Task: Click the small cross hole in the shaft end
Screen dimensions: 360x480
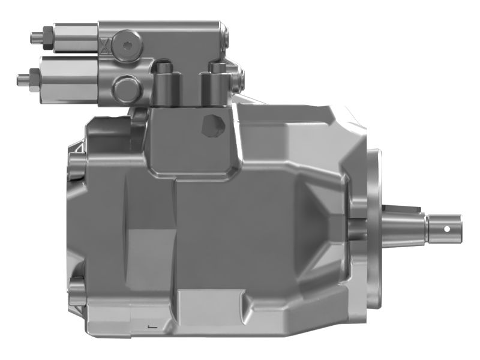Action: click(x=447, y=228)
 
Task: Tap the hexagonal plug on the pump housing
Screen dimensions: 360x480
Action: click(x=212, y=125)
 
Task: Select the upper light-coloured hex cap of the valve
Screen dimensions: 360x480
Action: click(x=75, y=37)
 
